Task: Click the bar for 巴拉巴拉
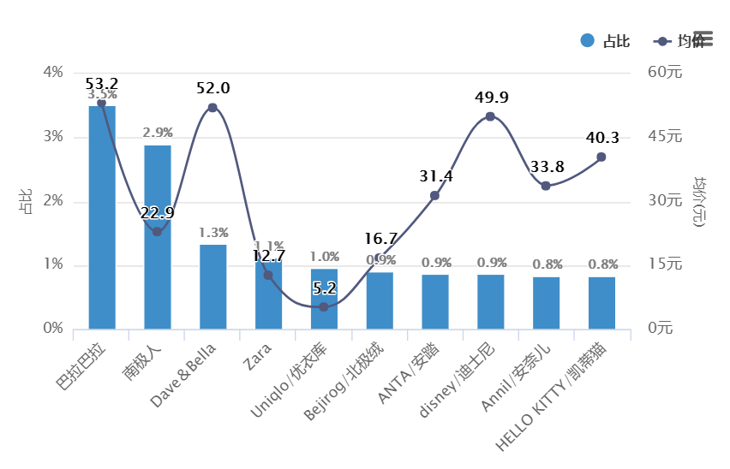(102, 217)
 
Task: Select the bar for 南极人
(158, 237)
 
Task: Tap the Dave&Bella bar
(213, 287)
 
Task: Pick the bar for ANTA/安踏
(435, 301)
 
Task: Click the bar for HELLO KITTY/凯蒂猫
(601, 303)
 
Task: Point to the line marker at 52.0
(212, 108)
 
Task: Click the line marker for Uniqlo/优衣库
(324, 306)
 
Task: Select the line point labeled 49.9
(490, 116)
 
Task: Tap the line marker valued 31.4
(434, 196)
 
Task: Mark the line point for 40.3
(601, 157)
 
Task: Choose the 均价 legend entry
(681, 41)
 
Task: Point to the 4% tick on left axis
(52, 73)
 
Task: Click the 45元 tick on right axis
(663, 137)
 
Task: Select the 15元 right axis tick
(663, 264)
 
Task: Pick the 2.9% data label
(158, 133)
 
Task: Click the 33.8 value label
(546, 166)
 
